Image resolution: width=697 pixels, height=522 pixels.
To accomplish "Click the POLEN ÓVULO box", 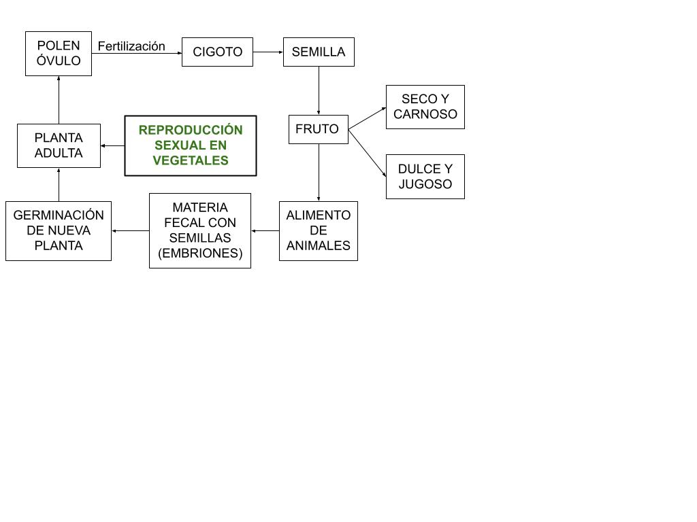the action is click(59, 54).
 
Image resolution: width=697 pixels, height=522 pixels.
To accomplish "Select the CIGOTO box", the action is click(217, 52).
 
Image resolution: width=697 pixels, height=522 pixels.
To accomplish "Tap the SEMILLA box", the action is click(319, 52).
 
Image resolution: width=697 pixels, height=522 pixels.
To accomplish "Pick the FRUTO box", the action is click(319, 129).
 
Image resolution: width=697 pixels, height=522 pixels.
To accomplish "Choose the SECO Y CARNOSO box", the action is click(425, 107).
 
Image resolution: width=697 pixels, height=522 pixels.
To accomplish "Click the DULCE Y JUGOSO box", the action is click(425, 177).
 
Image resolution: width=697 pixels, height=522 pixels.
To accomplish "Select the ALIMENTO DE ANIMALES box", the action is click(319, 231).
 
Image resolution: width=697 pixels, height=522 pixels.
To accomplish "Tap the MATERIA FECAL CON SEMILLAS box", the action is click(200, 231).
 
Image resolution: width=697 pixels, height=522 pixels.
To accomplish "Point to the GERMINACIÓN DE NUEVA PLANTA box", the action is click(59, 231).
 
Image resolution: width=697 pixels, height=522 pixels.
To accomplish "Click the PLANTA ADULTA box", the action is click(59, 145).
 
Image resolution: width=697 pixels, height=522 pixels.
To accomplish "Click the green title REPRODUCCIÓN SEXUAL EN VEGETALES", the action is click(191, 145).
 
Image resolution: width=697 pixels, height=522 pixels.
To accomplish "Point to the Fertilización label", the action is click(131, 46).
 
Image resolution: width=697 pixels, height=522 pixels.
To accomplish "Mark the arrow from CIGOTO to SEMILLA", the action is click(268, 52).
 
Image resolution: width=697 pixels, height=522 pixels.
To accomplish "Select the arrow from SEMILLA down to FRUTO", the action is click(319, 90).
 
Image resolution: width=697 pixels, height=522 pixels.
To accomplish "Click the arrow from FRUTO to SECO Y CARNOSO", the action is click(367, 118).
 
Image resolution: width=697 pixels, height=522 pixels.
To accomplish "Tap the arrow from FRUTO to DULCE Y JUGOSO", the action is click(367, 153).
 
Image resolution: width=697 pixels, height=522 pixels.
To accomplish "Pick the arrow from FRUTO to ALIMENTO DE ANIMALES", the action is click(319, 173).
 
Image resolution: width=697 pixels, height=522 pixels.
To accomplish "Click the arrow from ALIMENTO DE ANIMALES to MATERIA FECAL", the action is click(265, 231).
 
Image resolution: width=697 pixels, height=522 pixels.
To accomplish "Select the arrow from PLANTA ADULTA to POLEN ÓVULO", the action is click(59, 100).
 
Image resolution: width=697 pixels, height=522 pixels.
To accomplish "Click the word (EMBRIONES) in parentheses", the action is click(200, 253).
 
